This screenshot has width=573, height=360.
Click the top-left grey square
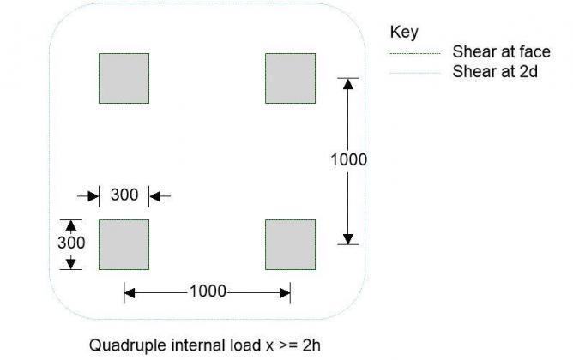[x=124, y=78]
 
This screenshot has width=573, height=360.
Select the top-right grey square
[x=290, y=78]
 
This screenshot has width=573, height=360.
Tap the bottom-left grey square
[x=124, y=244]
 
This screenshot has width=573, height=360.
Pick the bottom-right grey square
[x=290, y=244]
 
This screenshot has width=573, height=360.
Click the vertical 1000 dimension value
[x=348, y=160]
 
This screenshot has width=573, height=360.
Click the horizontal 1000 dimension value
[x=208, y=291]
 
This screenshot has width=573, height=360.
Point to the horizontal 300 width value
[x=124, y=195]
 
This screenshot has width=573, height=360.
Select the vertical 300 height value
[x=71, y=243]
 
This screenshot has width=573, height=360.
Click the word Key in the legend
[x=404, y=33]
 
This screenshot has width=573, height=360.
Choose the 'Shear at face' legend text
[x=501, y=52]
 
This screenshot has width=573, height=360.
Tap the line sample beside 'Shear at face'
[x=416, y=53]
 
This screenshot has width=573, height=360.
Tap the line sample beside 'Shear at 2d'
[x=416, y=73]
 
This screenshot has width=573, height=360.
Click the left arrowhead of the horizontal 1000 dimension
[x=130, y=292]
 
